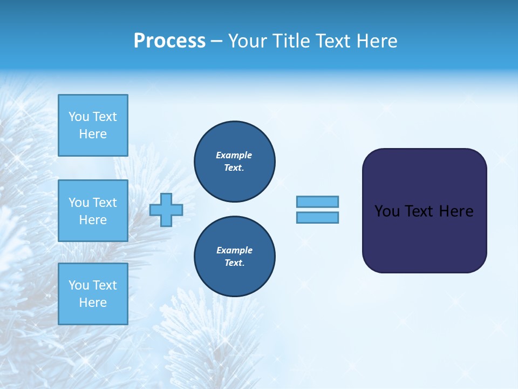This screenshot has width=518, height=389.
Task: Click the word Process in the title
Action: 169,41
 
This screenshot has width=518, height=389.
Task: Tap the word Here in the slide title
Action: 376,41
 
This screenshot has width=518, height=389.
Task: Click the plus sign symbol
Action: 166,210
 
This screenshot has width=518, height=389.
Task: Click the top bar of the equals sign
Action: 317,202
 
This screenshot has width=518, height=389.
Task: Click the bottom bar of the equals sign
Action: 317,218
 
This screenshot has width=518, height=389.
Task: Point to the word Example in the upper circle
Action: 234,155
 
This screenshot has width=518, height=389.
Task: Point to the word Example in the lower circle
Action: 234,250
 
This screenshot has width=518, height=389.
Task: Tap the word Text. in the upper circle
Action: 234,168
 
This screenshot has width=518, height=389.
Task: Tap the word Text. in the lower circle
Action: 234,263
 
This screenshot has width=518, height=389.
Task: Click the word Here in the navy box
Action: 456,211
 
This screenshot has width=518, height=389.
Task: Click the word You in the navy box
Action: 387,211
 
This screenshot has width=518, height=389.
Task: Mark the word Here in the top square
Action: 93,134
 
